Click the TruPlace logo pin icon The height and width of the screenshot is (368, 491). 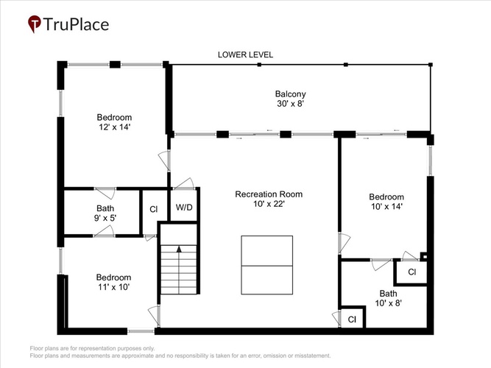pyautogui.click(x=34, y=24)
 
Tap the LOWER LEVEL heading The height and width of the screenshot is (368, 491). pyautogui.click(x=246, y=54)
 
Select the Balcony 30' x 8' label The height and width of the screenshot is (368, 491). pyautogui.click(x=291, y=99)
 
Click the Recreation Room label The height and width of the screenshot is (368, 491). pyautogui.click(x=269, y=194)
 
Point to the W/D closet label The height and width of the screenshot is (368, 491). pyautogui.click(x=184, y=208)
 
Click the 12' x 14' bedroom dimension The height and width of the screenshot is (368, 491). pyautogui.click(x=114, y=127)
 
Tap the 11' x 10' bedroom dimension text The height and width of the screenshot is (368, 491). pyautogui.click(x=113, y=287)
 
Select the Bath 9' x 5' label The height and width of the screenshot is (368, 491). pyautogui.click(x=105, y=213)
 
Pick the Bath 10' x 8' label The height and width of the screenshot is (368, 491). pyautogui.click(x=388, y=298)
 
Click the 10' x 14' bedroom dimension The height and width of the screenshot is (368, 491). pyautogui.click(x=386, y=207)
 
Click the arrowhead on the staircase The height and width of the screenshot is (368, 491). pyautogui.click(x=179, y=250)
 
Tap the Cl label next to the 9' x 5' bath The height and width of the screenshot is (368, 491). pyautogui.click(x=153, y=209)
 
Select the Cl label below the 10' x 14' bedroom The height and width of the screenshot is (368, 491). pyautogui.click(x=411, y=272)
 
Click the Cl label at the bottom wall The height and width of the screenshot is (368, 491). pyautogui.click(x=352, y=319)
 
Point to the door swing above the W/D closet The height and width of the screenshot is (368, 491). pyautogui.click(x=184, y=184)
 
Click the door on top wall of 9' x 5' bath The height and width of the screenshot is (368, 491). pyautogui.click(x=105, y=193)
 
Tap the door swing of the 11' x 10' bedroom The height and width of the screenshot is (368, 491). pyautogui.click(x=154, y=316)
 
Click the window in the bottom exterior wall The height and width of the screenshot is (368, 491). pyautogui.click(x=141, y=331)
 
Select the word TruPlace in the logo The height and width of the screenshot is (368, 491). pyautogui.click(x=76, y=24)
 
